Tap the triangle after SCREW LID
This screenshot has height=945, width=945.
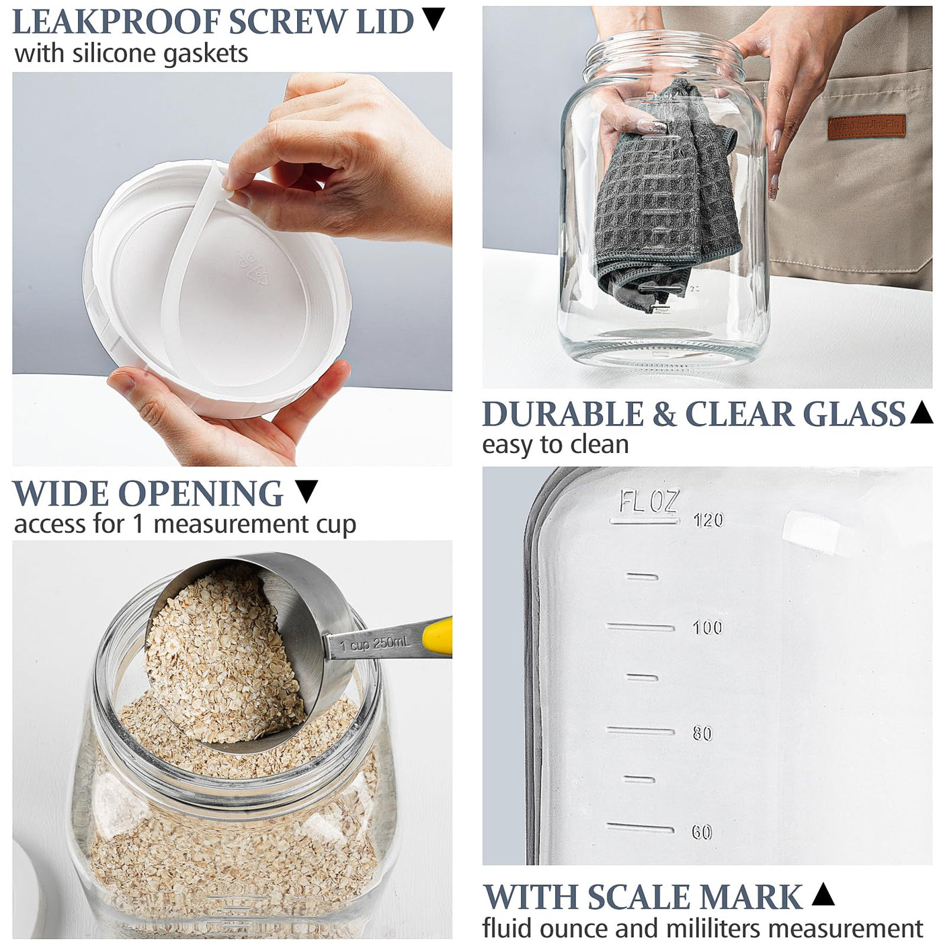434,19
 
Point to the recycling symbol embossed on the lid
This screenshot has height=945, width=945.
253,268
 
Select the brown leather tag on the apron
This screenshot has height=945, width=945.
866,126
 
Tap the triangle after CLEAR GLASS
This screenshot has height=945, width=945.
921,412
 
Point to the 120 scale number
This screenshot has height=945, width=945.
708,520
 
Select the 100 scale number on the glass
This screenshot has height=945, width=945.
707,628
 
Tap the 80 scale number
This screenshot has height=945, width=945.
702,733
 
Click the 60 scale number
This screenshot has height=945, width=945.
702,833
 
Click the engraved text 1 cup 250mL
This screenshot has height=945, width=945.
374,644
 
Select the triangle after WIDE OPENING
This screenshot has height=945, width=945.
306,491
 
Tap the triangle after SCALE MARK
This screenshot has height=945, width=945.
823,895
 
